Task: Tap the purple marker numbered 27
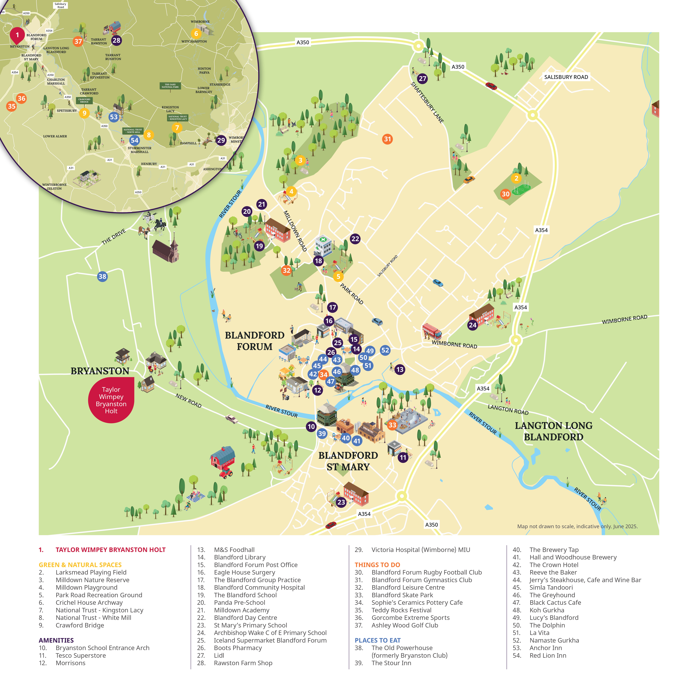(x=422, y=78)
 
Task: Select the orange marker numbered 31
(x=387, y=139)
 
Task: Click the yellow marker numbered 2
(x=516, y=178)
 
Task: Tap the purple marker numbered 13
(x=400, y=370)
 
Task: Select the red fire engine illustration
(x=432, y=331)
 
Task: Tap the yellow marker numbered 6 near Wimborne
(x=196, y=34)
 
